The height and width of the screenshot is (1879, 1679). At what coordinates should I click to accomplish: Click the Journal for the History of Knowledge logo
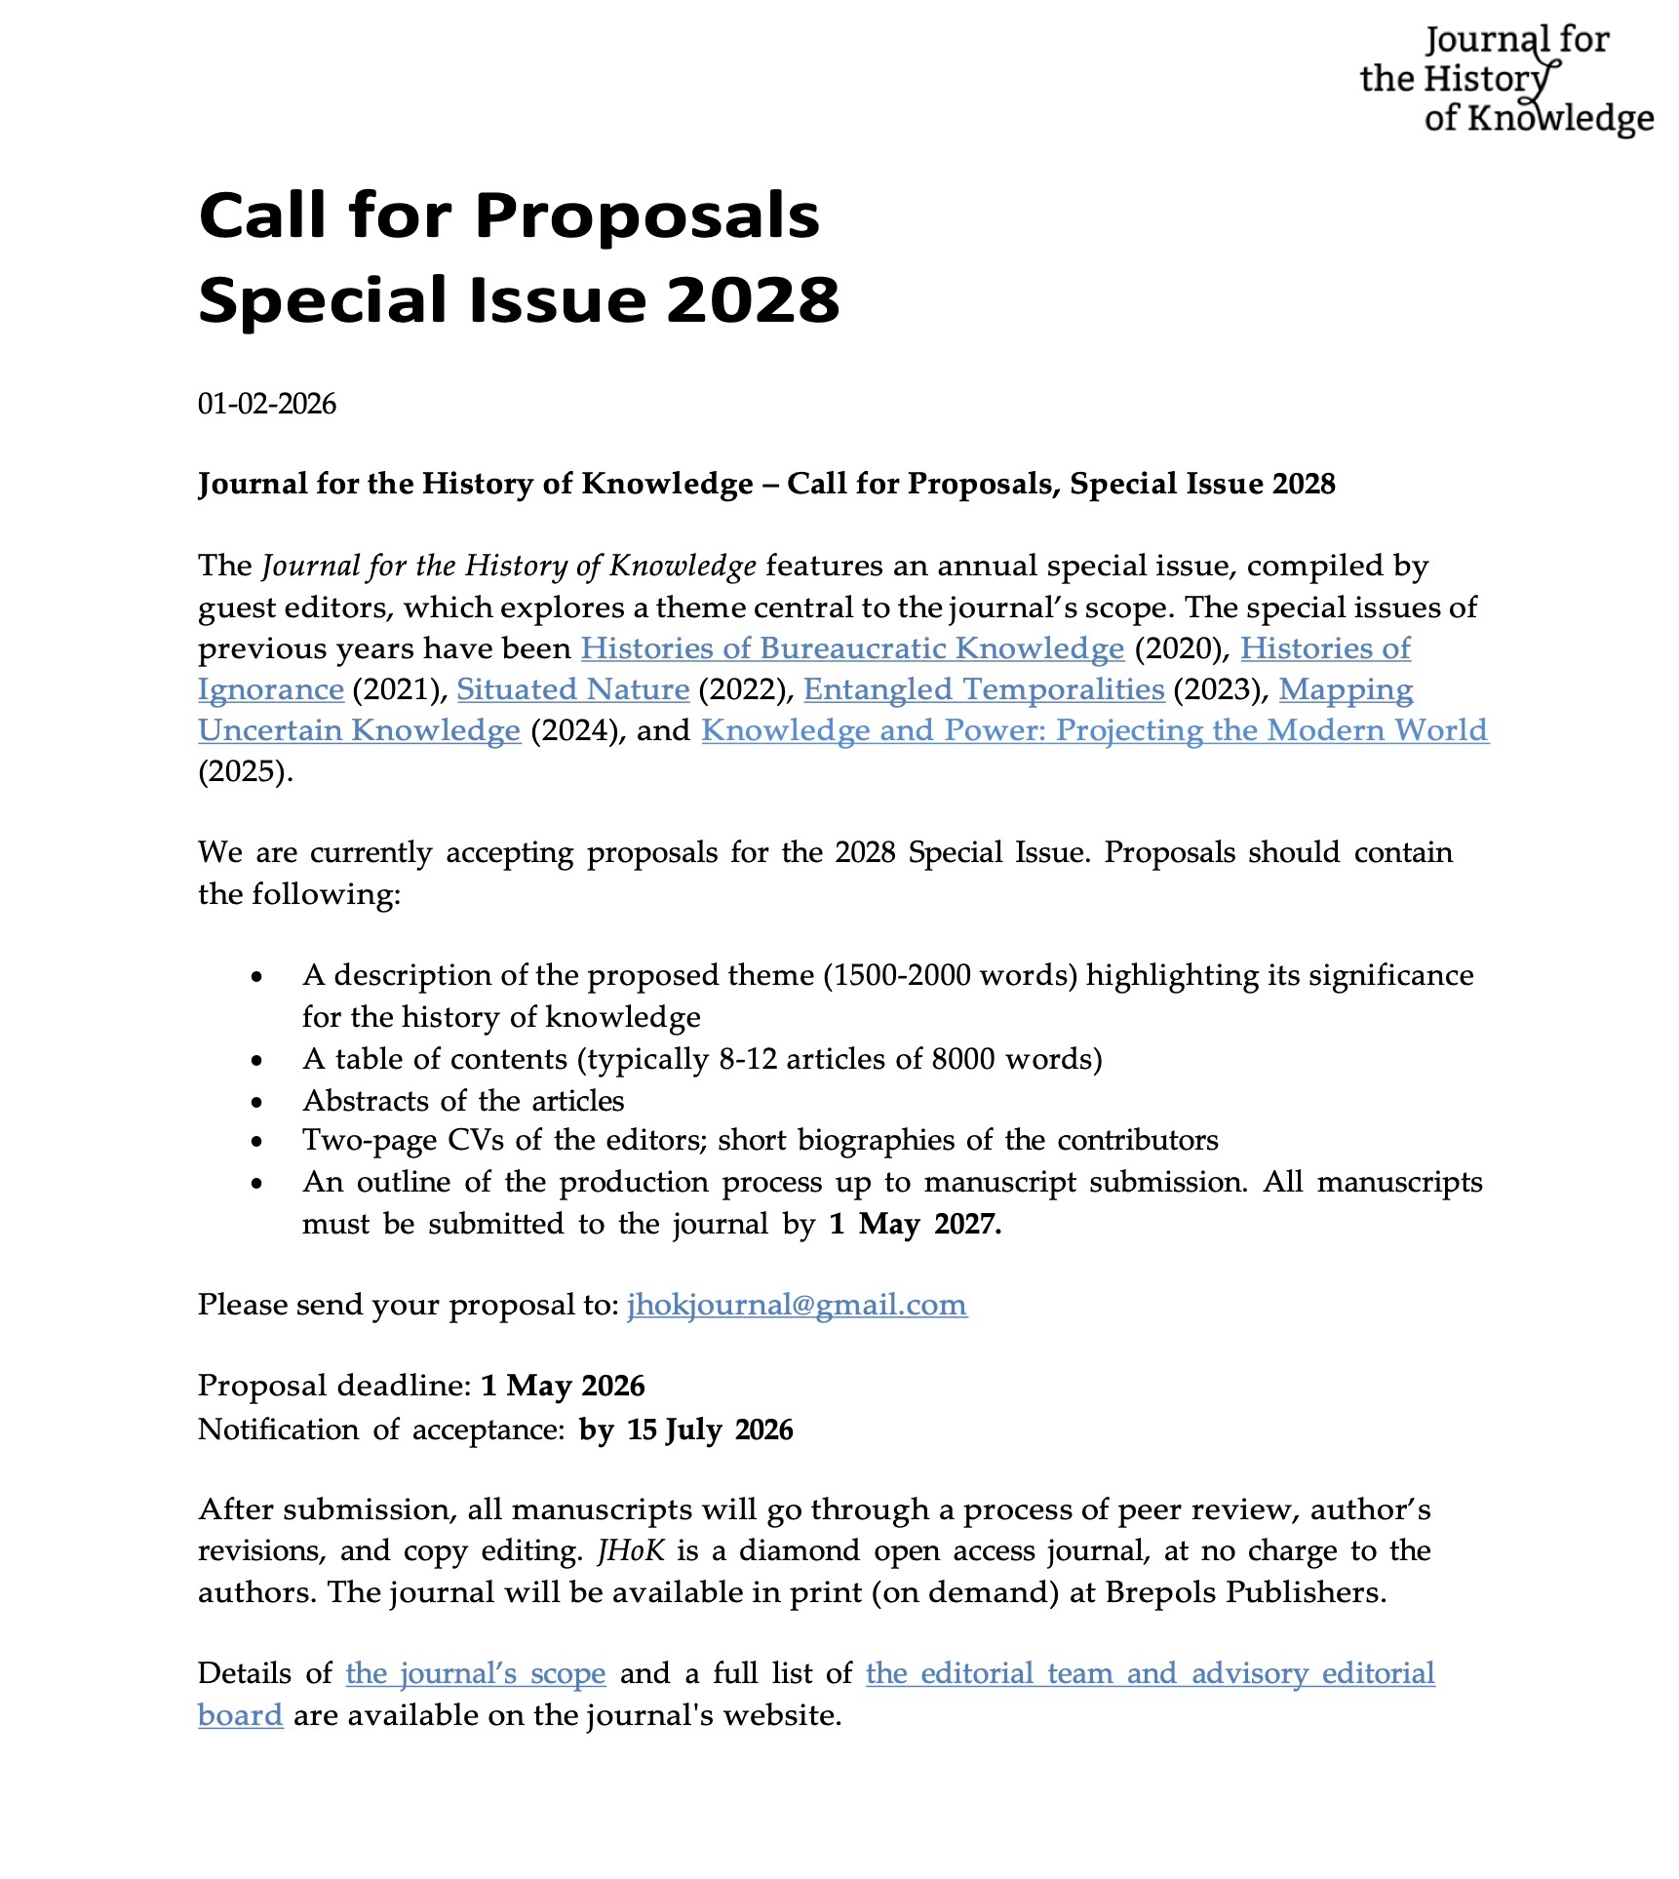point(1505,80)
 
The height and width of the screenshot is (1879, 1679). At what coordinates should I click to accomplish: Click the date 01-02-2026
point(266,404)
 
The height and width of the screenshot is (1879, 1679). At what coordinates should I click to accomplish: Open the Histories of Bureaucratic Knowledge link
point(852,648)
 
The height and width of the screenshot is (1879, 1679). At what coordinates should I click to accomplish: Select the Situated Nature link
point(572,689)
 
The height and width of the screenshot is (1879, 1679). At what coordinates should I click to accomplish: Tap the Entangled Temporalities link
point(984,689)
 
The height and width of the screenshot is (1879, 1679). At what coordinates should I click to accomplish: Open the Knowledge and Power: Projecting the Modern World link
point(1094,730)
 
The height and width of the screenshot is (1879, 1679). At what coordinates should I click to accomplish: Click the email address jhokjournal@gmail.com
point(797,1305)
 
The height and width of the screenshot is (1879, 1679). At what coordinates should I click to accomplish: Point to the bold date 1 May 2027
point(915,1224)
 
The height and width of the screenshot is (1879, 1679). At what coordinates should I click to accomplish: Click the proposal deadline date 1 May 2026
point(563,1386)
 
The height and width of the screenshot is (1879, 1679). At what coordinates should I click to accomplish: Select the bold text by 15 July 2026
point(685,1429)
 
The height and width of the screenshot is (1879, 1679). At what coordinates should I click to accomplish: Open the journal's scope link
point(475,1673)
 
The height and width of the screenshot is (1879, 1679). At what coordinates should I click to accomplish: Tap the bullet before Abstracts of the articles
point(256,1102)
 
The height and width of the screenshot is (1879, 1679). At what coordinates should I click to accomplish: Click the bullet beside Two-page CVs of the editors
point(256,1142)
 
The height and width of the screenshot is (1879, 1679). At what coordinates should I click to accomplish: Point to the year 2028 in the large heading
point(753,299)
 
